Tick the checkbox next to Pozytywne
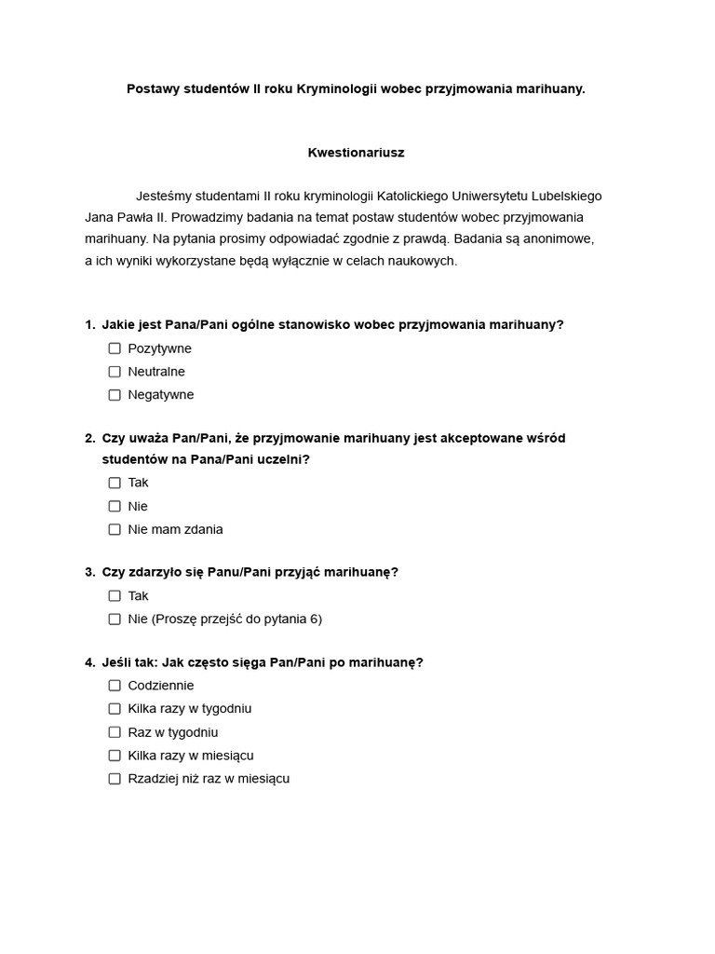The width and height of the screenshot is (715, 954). [x=115, y=348]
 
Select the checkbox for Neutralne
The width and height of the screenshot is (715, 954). [x=115, y=372]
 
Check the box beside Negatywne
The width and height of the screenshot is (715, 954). [x=115, y=395]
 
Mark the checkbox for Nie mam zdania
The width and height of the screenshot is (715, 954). [x=115, y=529]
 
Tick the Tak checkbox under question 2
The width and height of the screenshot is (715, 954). [x=115, y=483]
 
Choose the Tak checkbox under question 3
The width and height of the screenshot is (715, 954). [x=115, y=595]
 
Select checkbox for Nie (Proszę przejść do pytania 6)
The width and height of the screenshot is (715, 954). [x=115, y=619]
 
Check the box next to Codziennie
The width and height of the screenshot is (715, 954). [x=115, y=686]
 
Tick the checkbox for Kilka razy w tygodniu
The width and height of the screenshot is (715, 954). [x=115, y=709]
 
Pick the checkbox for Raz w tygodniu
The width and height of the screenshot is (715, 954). [x=115, y=732]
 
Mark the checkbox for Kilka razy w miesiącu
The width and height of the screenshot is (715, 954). [x=115, y=756]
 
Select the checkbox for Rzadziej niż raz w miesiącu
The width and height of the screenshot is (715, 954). [x=115, y=779]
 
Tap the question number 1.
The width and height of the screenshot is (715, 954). [x=89, y=324]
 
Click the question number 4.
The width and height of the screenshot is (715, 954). [x=89, y=662]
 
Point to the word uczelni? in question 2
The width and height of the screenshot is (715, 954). [x=283, y=459]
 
